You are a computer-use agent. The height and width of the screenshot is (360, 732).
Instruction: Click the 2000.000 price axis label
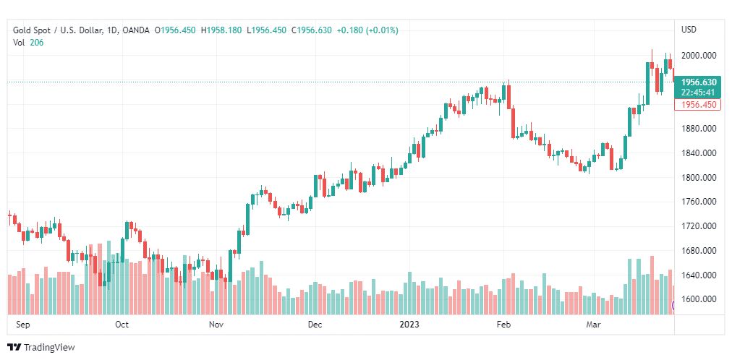point(699,56)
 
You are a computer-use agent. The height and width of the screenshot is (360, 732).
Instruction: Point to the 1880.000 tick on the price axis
point(699,129)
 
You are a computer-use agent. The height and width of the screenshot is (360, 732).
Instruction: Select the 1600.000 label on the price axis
point(699,299)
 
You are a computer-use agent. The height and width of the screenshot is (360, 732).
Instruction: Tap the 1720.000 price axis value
point(699,226)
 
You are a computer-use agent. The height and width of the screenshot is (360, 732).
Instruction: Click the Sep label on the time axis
point(23,325)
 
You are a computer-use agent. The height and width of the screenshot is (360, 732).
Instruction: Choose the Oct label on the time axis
point(122,325)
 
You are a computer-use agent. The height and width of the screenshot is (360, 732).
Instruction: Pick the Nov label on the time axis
point(216,325)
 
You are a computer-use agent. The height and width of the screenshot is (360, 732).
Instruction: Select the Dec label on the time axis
point(315,325)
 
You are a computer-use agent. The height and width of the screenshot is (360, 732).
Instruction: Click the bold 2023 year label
point(410,325)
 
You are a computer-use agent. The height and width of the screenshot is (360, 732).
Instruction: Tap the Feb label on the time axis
point(503,325)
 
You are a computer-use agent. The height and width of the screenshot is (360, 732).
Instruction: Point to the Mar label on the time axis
point(594,325)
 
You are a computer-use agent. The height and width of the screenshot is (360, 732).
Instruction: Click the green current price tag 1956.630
point(699,82)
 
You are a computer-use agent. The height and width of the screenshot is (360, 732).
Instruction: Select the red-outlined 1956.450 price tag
point(699,105)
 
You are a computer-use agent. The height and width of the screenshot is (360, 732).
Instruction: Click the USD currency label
point(689,30)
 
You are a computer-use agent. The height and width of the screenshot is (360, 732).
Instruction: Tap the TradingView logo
point(41,348)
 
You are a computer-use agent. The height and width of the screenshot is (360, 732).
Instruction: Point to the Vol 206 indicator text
point(27,43)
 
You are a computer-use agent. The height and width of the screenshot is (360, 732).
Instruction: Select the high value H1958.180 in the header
point(222,30)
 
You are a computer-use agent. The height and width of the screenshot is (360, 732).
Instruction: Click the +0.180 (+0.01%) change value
point(367,30)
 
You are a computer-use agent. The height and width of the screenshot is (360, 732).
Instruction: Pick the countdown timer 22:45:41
point(699,93)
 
